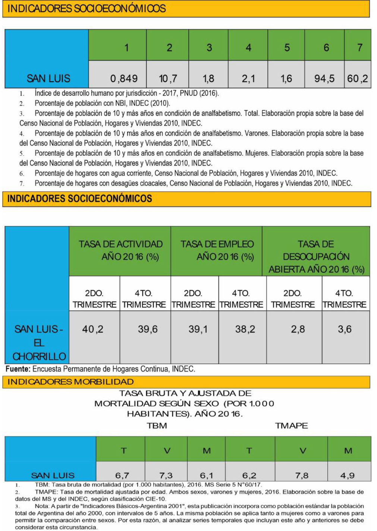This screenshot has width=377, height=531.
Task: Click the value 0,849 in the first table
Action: (124, 79)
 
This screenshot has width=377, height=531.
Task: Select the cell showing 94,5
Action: (324, 79)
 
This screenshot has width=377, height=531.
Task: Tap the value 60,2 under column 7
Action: (357, 79)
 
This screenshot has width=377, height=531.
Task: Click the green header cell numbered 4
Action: (248, 48)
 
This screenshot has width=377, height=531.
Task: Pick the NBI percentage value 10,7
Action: (168, 79)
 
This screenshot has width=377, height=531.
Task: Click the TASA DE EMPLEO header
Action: (217, 250)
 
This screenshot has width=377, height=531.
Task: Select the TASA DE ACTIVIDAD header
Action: (120, 250)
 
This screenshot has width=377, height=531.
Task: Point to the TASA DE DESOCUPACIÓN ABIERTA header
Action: (316, 256)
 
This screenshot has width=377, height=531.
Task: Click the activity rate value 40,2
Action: (92, 329)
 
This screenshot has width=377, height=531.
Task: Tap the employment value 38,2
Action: (245, 329)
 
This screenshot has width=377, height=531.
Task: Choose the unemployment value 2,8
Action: (298, 329)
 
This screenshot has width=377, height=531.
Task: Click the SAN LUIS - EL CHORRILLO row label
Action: (39, 342)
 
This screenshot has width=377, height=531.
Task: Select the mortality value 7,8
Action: (301, 475)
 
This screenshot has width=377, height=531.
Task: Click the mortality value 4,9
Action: (347, 475)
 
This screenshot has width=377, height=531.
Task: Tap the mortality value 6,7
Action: (122, 475)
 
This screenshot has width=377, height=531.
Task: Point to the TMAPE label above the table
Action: (291, 426)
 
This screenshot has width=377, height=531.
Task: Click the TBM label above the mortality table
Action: (157, 426)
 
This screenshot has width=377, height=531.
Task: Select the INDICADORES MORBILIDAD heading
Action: (70, 382)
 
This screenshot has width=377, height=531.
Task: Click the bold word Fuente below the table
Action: (18, 369)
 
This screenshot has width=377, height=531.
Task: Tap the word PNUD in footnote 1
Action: (189, 93)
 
